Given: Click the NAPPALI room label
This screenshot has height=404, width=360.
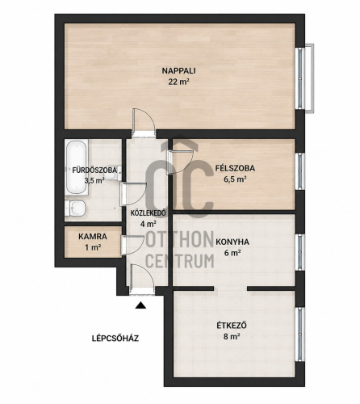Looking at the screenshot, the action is [178, 71].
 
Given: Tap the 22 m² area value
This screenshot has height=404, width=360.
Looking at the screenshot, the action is [178, 82].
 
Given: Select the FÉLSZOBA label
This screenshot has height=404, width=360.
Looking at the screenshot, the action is [235, 168].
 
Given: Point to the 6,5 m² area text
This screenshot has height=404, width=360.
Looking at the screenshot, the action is [236, 179].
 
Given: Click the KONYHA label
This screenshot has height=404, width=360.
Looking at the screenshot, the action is [232, 242].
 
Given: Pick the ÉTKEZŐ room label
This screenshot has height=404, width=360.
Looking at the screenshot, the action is [232, 326].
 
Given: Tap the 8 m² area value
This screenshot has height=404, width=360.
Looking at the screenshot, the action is [232, 336].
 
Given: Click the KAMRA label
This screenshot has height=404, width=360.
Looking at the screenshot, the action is [93, 237].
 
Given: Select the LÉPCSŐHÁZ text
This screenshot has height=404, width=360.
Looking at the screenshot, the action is [115, 338].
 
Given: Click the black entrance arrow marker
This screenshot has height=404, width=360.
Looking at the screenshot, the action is [140, 305].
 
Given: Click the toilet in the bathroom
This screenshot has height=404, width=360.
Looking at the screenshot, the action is [75, 208].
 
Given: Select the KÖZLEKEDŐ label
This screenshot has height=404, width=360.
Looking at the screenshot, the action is [148, 213].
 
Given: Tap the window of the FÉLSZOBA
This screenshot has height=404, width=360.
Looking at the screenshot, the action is [300, 171].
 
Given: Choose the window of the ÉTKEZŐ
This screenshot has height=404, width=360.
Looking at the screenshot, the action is [300, 335].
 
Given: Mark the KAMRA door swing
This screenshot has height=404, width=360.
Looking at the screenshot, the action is [132, 245].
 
